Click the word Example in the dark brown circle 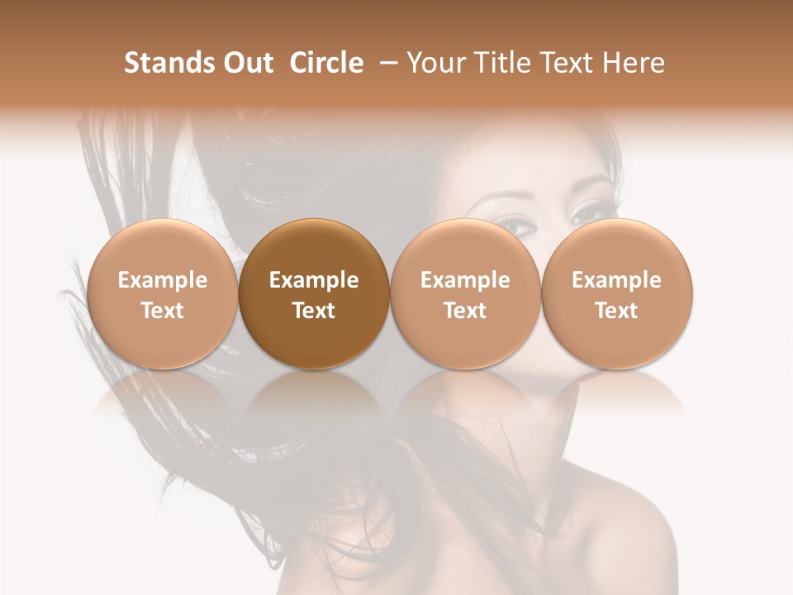pos(314,280)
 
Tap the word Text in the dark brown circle pos(314,311)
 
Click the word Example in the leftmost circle pos(163,280)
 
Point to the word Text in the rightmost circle pos(617,311)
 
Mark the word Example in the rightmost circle pos(617,280)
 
